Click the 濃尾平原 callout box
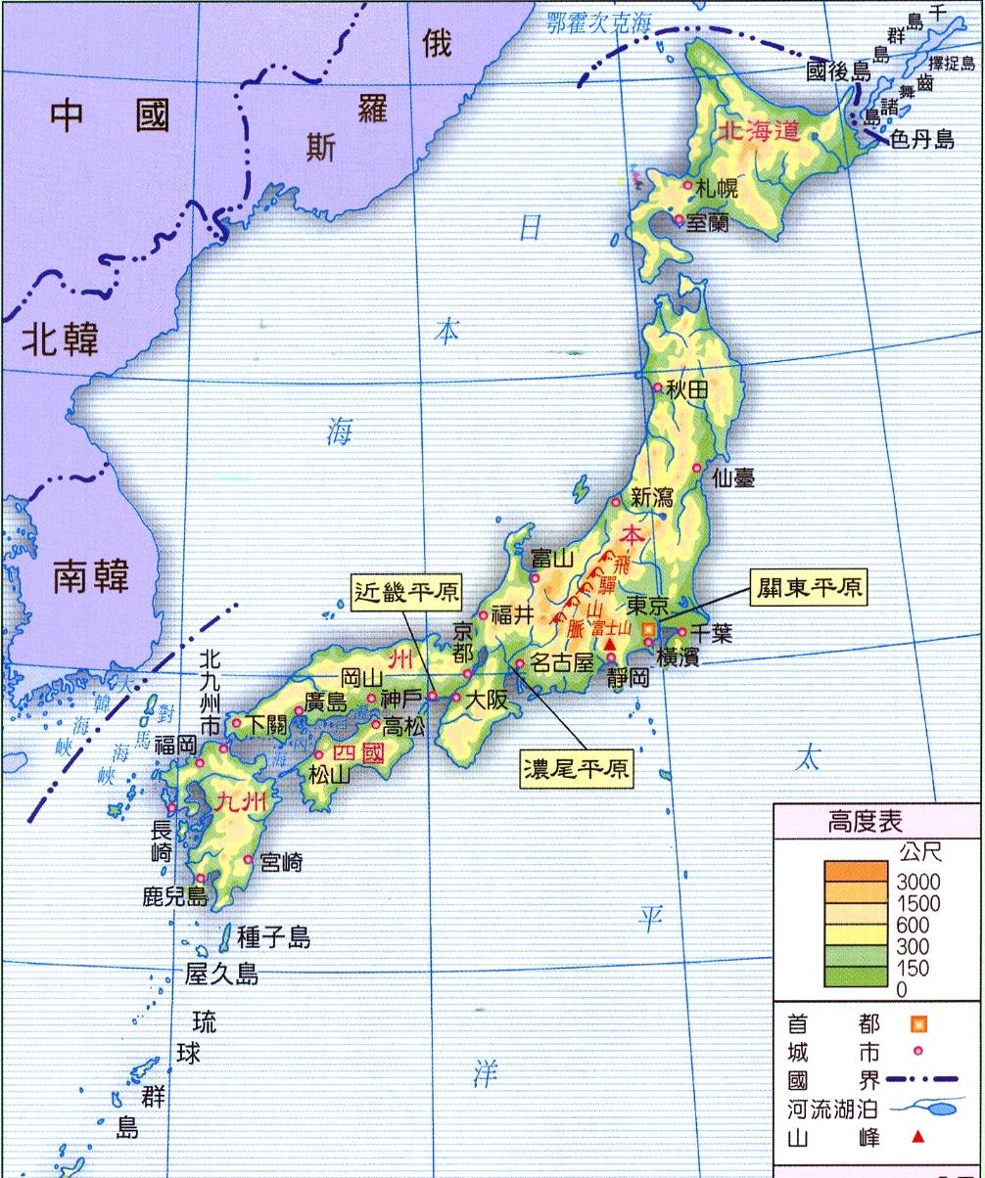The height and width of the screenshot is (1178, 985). click(577, 768)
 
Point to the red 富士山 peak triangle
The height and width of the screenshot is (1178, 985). click(612, 646)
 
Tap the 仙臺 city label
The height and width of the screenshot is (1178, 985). click(733, 477)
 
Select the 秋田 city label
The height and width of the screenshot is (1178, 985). click(686, 388)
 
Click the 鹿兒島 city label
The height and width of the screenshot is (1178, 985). click(174, 896)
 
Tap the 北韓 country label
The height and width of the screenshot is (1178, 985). click(60, 340)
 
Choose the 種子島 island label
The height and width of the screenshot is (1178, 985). click(273, 937)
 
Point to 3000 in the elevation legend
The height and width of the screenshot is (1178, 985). click(917, 882)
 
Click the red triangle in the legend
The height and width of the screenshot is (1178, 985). click(917, 1137)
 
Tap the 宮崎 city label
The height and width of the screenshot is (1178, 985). click(282, 862)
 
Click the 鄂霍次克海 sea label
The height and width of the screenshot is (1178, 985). click(598, 22)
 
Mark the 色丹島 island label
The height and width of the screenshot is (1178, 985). click(920, 139)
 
